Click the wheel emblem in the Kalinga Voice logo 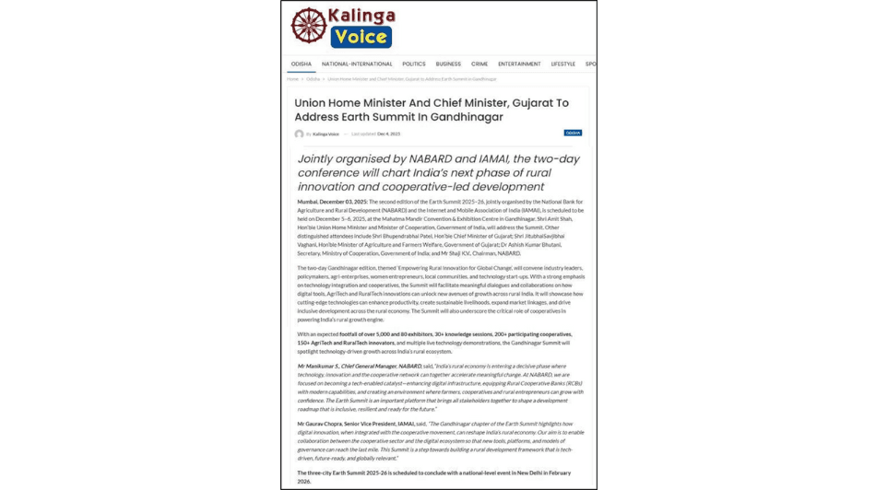point(309,26)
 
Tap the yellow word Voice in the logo point(361,37)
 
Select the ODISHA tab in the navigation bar point(301,64)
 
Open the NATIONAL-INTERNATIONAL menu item point(357,64)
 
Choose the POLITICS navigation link point(413,64)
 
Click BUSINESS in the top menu point(448,64)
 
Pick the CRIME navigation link point(479,64)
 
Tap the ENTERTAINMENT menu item point(519,64)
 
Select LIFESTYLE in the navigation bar point(562,64)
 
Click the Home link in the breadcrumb point(292,79)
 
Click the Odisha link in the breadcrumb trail point(314,79)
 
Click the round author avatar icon point(299,134)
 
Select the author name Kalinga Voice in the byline point(326,134)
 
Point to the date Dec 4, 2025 point(388,134)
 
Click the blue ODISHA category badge point(573,133)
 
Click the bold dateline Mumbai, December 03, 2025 point(332,202)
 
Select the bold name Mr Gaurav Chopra point(319,424)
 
